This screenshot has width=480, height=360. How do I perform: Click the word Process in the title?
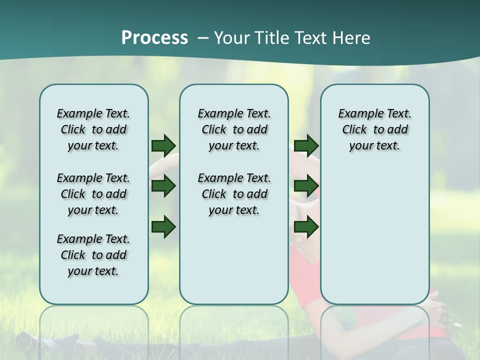tap(154, 38)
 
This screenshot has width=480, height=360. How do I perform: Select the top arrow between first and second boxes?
tap(163, 145)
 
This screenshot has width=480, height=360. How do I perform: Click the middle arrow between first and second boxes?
tap(163, 186)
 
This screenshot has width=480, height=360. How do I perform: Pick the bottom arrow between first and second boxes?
tap(163, 227)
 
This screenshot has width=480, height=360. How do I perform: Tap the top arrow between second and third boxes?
tap(306, 145)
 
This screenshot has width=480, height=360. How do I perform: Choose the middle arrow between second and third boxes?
tap(306, 186)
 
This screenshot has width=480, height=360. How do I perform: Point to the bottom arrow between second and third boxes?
tap(306, 227)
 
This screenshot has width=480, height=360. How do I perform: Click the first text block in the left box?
tap(93, 129)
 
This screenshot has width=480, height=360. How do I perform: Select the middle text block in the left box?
tap(93, 194)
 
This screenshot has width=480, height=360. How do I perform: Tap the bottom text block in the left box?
tap(93, 255)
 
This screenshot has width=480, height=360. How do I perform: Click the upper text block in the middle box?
tap(234, 129)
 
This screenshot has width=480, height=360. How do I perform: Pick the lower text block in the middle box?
tap(234, 194)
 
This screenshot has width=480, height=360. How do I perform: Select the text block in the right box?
tap(374, 129)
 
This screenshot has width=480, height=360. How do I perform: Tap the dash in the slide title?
tap(203, 38)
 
